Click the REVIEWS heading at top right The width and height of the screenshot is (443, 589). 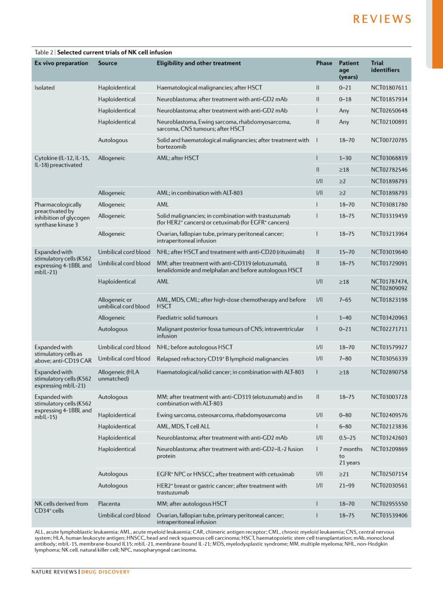click(x=382, y=19)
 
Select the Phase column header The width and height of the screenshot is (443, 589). click(x=324, y=63)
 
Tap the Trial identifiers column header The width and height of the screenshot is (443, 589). click(x=385, y=67)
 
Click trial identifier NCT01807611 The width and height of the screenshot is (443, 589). click(x=389, y=88)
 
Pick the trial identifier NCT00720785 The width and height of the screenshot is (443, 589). click(x=389, y=140)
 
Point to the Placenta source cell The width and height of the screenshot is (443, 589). click(x=109, y=504)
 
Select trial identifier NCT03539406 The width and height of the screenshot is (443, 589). click(x=389, y=515)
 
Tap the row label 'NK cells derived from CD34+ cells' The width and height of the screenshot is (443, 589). click(x=61, y=507)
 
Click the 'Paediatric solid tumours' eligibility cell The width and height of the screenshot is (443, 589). click(x=187, y=318)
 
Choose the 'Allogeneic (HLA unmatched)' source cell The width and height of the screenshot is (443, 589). click(x=119, y=375)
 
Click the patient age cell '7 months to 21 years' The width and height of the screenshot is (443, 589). click(x=350, y=456)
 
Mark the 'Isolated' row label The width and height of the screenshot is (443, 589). click(x=45, y=88)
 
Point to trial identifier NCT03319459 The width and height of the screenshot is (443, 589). click(x=389, y=216)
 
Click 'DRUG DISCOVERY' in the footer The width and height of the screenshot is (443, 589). click(x=105, y=572)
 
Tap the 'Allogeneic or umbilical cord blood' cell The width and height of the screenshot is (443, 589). click(x=123, y=303)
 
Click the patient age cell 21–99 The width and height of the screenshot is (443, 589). click(x=347, y=486)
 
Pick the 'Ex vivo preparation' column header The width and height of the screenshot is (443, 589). click(x=61, y=63)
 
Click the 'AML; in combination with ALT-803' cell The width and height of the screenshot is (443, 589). click(x=199, y=193)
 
